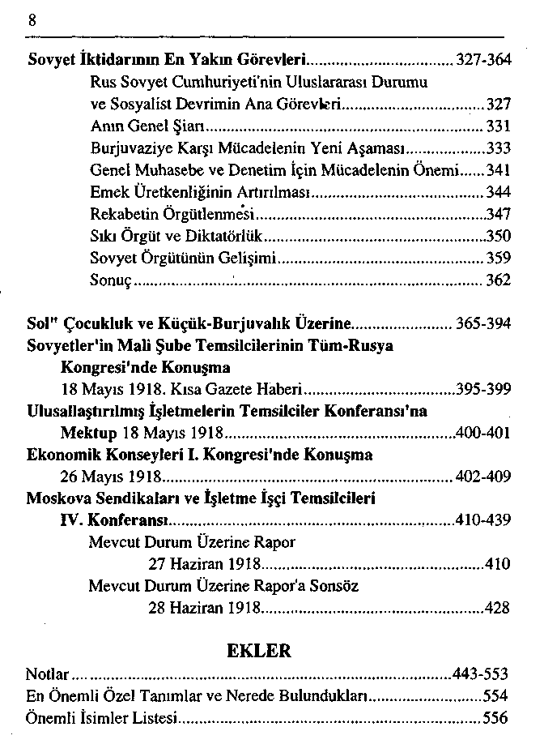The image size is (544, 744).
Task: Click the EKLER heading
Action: [x=259, y=650]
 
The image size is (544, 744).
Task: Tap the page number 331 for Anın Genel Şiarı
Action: [x=499, y=126]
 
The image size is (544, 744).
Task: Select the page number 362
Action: [x=499, y=280]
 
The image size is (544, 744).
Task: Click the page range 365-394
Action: [x=483, y=323]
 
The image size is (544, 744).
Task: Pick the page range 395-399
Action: [x=483, y=388]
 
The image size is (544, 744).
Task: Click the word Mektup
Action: [x=88, y=433]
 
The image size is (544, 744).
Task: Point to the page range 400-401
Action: [x=483, y=433]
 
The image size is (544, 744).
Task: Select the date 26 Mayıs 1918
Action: [x=113, y=477]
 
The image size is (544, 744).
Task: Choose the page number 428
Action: [x=497, y=607]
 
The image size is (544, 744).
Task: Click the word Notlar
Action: [x=45, y=674]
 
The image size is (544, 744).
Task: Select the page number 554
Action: [x=495, y=696]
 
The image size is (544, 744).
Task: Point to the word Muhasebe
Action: [x=156, y=170]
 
